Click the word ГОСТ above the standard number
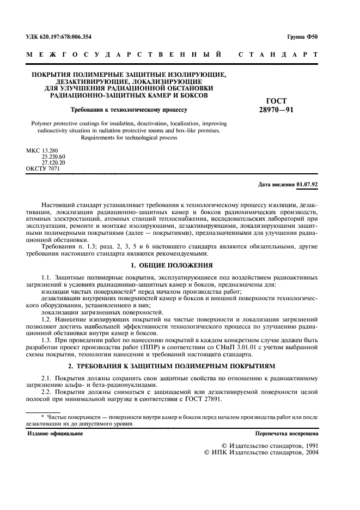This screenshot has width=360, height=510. pos(275,101)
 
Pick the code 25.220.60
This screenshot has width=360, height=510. pos(53,156)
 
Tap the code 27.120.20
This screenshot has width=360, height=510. pos(53,162)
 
